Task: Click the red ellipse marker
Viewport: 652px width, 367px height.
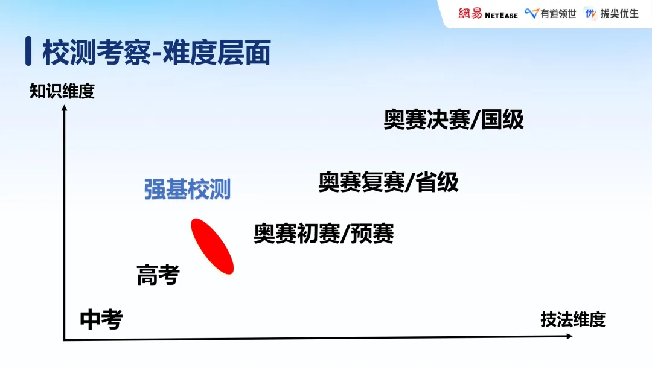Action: tap(212, 246)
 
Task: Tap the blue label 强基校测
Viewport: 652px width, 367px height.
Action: tap(187, 190)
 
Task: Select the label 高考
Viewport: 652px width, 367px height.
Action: tap(158, 275)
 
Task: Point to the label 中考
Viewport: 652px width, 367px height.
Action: tap(101, 319)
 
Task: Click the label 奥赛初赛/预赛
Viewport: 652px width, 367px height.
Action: tap(324, 233)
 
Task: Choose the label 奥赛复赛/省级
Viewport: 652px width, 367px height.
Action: tap(388, 182)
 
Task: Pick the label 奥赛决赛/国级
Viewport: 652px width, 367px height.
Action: tap(453, 120)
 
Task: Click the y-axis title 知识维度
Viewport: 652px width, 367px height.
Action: tap(62, 91)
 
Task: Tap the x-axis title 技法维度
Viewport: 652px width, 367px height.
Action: tap(572, 319)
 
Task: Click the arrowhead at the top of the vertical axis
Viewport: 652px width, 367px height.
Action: tap(64, 109)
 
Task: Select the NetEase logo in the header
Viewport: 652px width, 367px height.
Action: tap(488, 13)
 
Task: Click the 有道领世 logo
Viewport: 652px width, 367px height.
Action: tap(550, 13)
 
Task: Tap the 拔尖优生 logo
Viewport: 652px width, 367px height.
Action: tap(612, 13)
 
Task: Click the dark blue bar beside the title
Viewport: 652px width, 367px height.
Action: tap(28, 52)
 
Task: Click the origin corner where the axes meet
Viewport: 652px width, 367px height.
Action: tap(65, 340)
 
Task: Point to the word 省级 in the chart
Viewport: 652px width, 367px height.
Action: tap(437, 182)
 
